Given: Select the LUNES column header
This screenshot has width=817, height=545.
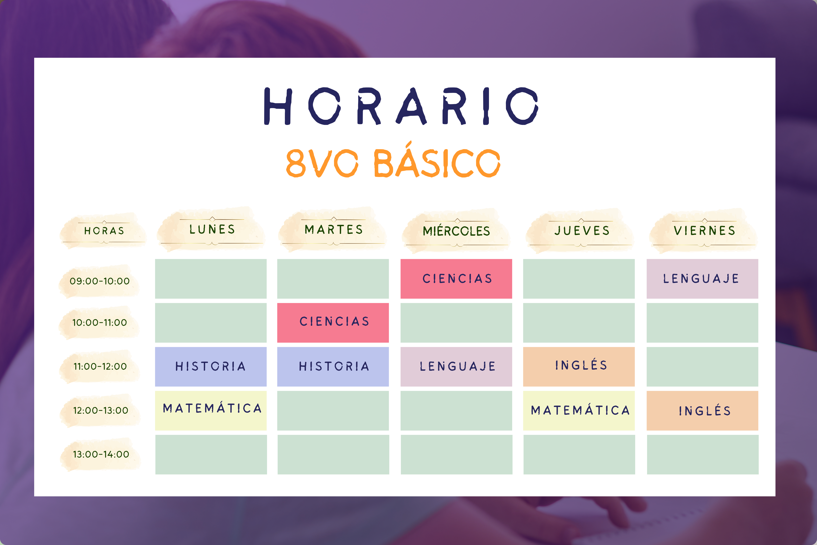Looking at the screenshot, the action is point(212,229).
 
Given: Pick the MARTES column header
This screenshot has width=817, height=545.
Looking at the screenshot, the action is point(333,229).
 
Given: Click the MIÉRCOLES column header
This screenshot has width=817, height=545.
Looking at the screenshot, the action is point(456,231).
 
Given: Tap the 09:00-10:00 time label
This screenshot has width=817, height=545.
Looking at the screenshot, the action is point(100,281).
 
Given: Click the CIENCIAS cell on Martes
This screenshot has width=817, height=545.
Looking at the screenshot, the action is point(333,323).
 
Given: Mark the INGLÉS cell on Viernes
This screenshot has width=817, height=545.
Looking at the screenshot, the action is point(702,411).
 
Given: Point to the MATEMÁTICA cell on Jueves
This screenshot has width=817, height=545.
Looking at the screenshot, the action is point(579,411).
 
